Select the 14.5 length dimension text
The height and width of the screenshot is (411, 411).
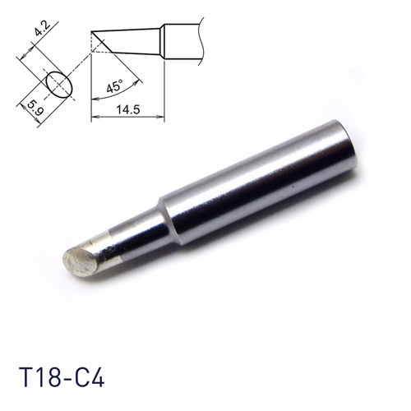pos(129,108)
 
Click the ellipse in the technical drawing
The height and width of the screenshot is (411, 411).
pos(58,83)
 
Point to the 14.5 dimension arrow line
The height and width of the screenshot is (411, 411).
pos(128,118)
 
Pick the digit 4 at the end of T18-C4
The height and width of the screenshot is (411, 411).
pos(99,383)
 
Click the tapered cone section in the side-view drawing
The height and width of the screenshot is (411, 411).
pos(136,39)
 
